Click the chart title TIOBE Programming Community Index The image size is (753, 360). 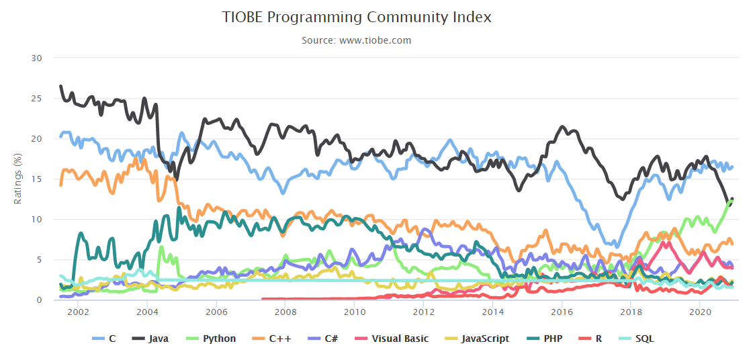[x=357, y=17]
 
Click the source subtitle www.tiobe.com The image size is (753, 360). [x=356, y=40]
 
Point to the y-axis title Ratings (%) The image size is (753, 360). [x=18, y=179]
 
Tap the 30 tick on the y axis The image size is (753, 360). [x=37, y=58]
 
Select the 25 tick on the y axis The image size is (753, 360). [x=37, y=99]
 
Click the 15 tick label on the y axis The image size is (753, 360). [x=37, y=179]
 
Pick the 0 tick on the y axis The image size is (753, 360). [x=40, y=300]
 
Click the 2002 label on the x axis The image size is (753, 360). [x=78, y=312]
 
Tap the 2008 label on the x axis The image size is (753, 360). [x=285, y=312]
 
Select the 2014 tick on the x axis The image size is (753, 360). [x=493, y=312]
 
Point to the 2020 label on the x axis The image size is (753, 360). [x=701, y=312]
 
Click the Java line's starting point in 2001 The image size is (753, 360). [x=60, y=86]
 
